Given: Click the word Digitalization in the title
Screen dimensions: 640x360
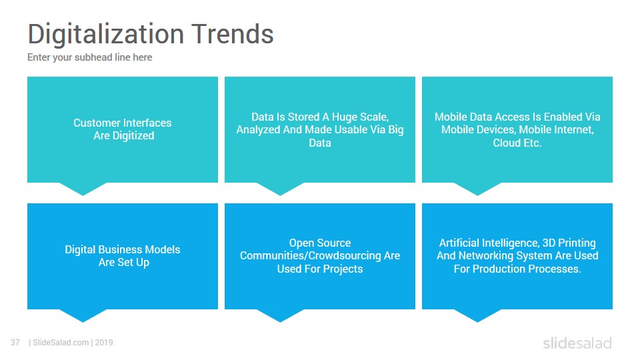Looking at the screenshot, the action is [106, 34].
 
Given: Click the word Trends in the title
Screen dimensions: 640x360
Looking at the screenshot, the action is [233, 33].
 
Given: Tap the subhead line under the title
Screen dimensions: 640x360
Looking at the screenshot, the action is [90, 57].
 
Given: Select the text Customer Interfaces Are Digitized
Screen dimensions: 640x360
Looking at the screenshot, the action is [123, 129].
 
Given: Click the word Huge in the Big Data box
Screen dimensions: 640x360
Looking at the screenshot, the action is [345, 117].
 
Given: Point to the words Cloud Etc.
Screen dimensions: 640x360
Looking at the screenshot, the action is [517, 143].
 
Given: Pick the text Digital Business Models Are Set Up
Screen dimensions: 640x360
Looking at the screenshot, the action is [123, 256].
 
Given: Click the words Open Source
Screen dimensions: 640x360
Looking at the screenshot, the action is [320, 243].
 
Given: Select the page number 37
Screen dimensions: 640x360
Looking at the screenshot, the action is [15, 343].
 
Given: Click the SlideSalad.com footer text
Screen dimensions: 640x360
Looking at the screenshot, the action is [61, 343].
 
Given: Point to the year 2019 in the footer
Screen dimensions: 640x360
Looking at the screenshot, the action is [104, 343].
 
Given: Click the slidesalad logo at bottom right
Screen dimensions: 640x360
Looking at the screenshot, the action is [577, 343].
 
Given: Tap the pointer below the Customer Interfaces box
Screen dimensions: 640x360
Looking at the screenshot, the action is [83, 189].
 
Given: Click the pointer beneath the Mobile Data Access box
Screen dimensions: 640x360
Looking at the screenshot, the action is [477, 189].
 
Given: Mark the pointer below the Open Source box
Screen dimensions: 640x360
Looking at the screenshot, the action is [281, 315].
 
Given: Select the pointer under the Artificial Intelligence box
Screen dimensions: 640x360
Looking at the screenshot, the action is [477, 315].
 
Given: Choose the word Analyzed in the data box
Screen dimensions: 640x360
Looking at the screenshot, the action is [256, 130].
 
